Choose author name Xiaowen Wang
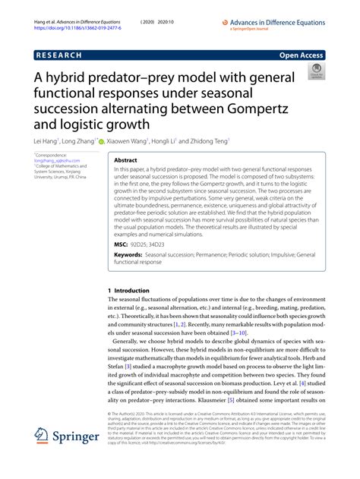click(x=128, y=141)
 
